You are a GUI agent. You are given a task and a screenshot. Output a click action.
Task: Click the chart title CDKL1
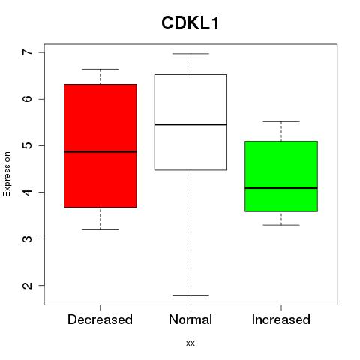(190, 23)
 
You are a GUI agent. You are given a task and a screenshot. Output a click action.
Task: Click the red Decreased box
(100, 145)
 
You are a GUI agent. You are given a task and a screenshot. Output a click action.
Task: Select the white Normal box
(190, 122)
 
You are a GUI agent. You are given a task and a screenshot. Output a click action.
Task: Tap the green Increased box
(281, 176)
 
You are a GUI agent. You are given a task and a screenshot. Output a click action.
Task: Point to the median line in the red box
(100, 151)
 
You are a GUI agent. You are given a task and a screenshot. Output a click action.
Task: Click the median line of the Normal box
(190, 124)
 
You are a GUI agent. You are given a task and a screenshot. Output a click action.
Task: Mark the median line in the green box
(281, 188)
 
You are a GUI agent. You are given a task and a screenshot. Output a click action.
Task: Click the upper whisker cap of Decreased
(100, 69)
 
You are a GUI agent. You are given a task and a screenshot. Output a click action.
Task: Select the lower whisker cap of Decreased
(100, 229)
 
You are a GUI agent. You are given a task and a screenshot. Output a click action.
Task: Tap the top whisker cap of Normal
(190, 54)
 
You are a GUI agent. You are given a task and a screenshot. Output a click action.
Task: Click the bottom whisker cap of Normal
(190, 295)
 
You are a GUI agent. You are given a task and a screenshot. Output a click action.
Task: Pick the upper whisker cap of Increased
(281, 121)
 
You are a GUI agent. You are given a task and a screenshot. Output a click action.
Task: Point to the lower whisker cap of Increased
(281, 225)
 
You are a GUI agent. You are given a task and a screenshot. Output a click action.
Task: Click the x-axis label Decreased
(100, 319)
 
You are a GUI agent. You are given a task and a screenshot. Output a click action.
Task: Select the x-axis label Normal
(190, 319)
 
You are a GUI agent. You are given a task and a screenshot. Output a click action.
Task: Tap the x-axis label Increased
(281, 319)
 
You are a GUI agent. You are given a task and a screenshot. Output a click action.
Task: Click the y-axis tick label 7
(27, 52)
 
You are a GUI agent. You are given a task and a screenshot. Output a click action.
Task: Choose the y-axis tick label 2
(27, 285)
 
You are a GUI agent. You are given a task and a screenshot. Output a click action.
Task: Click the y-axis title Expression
(7, 174)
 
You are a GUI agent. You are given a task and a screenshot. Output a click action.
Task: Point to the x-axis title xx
(190, 343)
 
